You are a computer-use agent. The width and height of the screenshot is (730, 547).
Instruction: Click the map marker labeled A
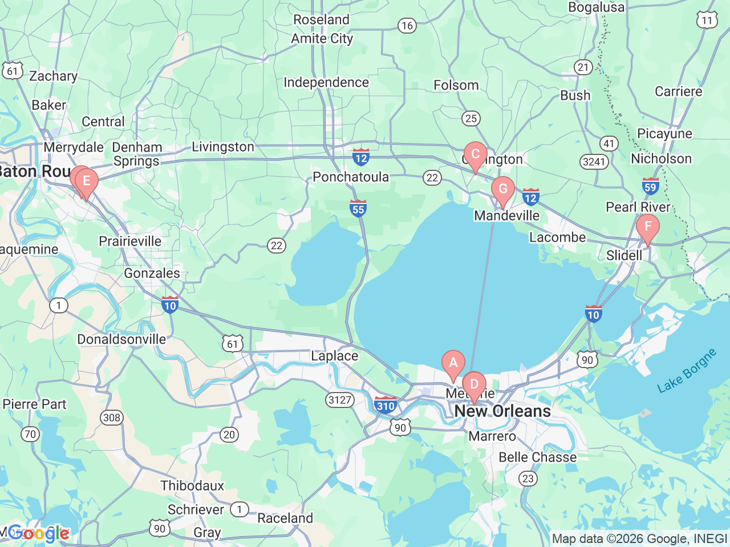453,364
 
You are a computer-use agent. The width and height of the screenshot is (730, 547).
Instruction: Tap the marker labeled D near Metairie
474,385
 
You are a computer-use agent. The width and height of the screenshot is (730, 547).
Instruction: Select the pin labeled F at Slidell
648,227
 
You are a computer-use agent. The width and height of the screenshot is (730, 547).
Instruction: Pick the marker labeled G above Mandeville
503,190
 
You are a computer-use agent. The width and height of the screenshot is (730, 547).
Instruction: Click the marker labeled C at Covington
475,155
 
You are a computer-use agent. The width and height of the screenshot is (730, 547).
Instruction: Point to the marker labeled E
87,182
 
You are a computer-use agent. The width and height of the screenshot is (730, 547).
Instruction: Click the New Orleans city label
502,411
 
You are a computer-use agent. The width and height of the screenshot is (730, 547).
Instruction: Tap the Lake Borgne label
687,371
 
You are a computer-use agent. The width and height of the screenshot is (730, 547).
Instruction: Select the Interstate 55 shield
358,209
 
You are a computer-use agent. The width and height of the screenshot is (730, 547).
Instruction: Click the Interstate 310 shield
386,406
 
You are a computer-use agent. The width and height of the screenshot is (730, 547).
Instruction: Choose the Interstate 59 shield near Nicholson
650,186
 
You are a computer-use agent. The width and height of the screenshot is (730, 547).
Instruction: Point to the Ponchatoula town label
351,177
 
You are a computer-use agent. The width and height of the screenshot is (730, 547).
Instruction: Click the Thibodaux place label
192,486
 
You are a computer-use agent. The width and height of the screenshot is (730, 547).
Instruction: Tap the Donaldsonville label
121,340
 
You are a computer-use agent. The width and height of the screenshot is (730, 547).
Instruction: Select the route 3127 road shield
340,400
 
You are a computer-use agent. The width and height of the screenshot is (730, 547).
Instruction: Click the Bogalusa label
596,7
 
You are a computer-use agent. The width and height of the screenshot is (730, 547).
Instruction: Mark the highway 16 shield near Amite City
407,26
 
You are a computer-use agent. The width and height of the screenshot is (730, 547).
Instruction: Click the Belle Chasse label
537,458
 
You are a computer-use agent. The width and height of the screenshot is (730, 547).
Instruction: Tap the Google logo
38,534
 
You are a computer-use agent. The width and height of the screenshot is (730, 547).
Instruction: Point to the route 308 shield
112,418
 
